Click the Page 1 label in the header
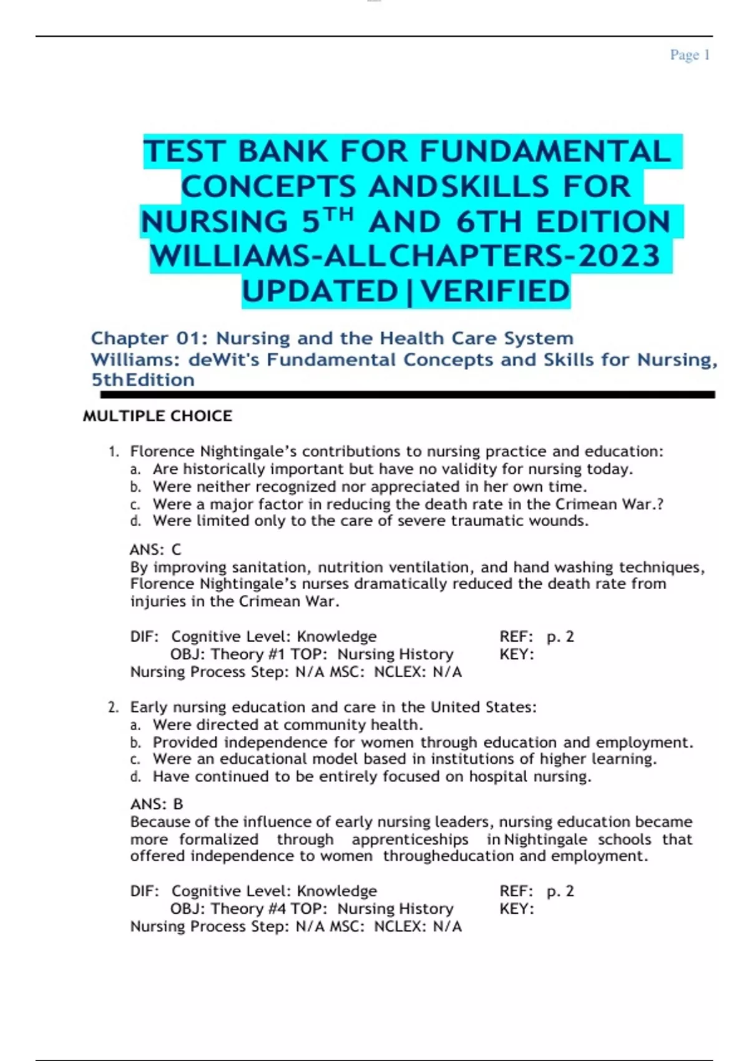point(690,55)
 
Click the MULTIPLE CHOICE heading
point(157,416)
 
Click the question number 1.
point(113,451)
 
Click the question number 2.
point(113,707)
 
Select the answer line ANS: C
point(155,550)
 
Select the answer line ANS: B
point(157,804)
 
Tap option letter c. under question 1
point(135,504)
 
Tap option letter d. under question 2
point(135,777)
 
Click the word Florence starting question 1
point(162,451)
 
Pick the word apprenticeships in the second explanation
point(409,839)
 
